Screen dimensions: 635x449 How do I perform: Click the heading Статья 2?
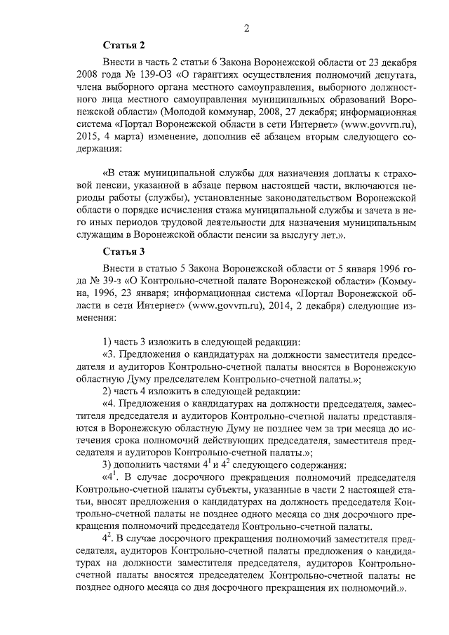click(123, 45)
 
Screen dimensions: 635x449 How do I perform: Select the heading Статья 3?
click(123, 252)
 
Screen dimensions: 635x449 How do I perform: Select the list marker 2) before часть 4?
click(108, 391)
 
